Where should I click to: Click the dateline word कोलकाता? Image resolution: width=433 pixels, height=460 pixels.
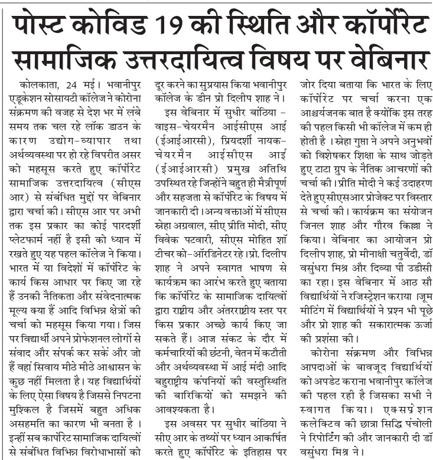coord(41,83)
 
